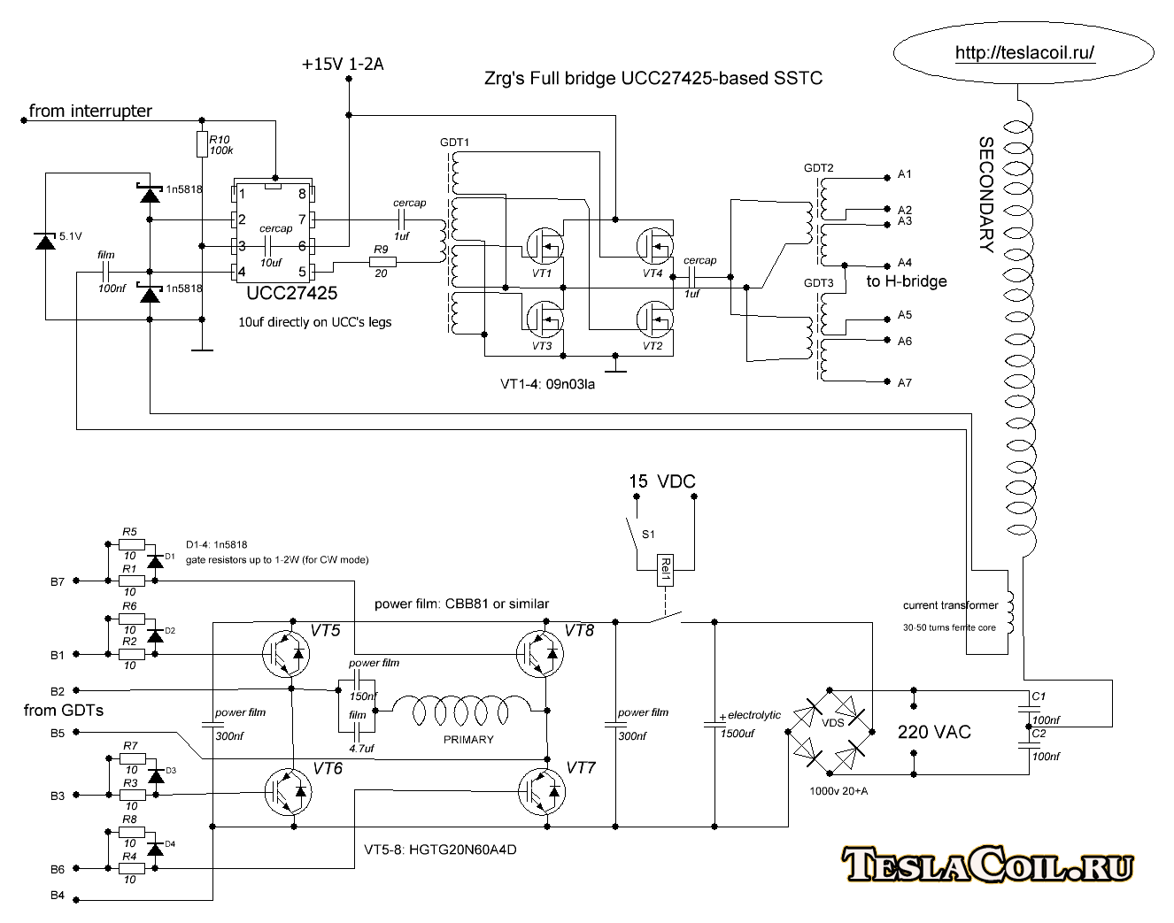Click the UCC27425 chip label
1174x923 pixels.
[291, 293]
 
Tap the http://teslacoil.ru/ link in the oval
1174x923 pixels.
[1024, 53]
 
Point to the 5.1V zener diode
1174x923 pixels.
[45, 240]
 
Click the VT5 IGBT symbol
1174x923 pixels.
[286, 654]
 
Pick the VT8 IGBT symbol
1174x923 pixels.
[540, 654]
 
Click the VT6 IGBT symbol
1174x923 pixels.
[288, 791]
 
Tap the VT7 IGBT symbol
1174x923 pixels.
[541, 791]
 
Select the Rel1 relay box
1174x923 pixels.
[665, 571]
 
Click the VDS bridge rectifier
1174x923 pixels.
[831, 732]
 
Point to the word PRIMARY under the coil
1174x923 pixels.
[468, 740]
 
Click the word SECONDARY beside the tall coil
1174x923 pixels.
[985, 195]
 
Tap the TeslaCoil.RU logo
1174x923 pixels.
[987, 865]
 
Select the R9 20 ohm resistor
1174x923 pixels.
[382, 261]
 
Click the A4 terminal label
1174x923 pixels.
[904, 263]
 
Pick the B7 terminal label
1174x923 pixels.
[58, 582]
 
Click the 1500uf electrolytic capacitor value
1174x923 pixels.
[737, 734]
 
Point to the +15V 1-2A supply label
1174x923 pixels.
[343, 65]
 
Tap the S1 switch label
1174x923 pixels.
[648, 535]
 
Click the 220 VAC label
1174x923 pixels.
[934, 733]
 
